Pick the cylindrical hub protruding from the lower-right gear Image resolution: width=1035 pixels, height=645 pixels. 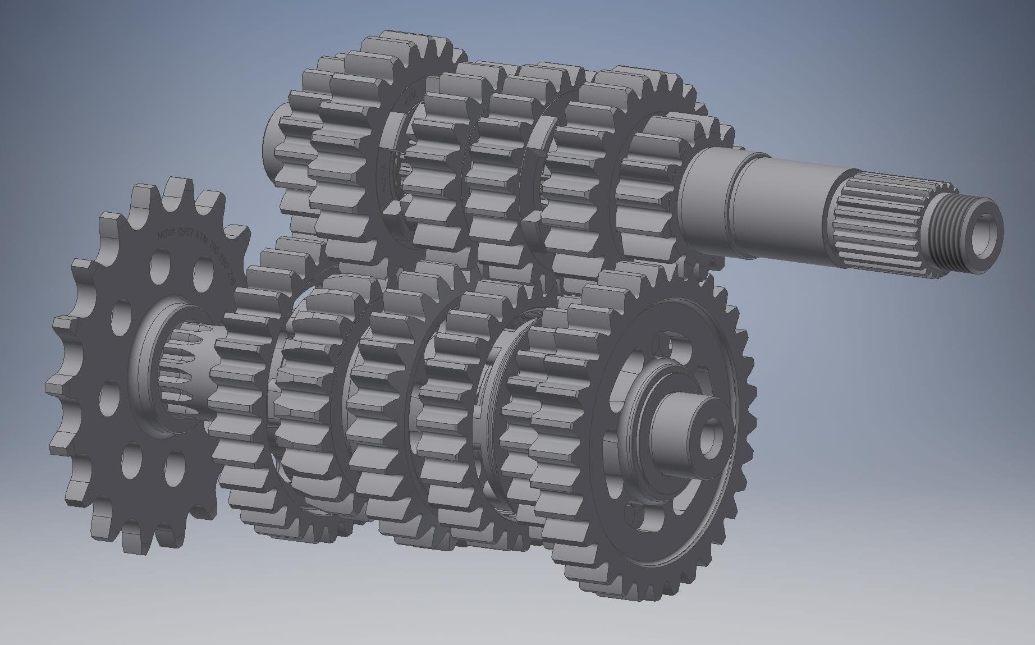[682, 427]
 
